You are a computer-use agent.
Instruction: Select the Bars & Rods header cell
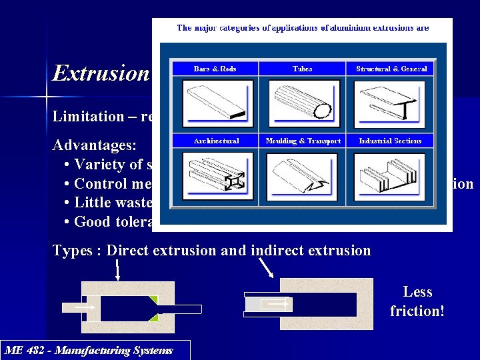point(215,69)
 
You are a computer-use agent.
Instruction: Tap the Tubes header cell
point(302,69)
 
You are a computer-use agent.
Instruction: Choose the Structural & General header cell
point(391,69)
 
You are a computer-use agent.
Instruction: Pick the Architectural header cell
point(215,141)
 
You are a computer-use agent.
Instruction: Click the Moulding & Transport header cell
point(303,141)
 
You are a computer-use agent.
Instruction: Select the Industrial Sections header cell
point(390,141)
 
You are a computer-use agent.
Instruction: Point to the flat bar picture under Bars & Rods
point(215,104)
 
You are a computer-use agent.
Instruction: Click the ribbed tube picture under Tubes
point(302,104)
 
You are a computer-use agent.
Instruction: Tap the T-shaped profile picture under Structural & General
point(390,104)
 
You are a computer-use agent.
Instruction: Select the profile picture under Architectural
point(215,177)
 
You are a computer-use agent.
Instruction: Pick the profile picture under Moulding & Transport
point(302,177)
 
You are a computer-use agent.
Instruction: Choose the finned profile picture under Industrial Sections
point(390,177)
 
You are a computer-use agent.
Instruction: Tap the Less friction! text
point(417,301)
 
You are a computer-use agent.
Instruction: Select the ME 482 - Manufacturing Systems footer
point(89,351)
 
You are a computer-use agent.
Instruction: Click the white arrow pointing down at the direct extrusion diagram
point(118,269)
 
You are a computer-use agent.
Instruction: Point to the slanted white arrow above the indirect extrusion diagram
point(266,268)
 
